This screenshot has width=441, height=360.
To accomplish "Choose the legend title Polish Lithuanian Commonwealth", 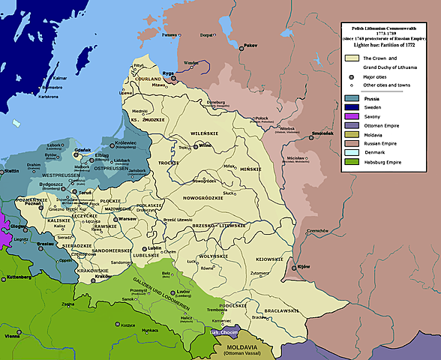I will tap(389, 27).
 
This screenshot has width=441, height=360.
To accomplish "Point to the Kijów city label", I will tap(303, 267).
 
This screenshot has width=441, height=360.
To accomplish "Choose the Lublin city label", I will tap(155, 247).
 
